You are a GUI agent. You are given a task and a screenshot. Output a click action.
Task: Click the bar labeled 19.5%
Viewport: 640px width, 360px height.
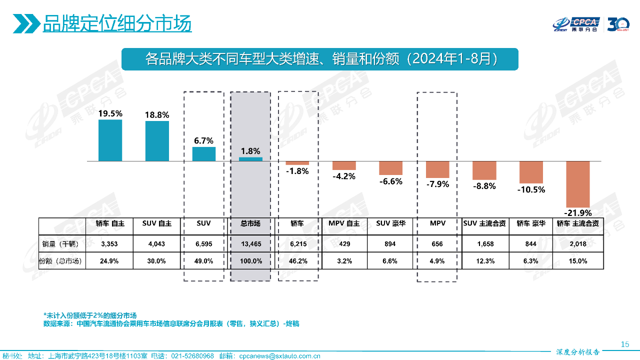[x=110, y=140]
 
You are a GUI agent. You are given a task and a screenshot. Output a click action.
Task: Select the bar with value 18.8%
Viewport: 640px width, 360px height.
[x=157, y=141]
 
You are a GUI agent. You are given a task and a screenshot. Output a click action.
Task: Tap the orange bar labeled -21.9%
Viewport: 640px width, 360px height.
[x=578, y=184]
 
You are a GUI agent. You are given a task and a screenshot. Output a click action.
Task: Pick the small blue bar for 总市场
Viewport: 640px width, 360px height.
[x=250, y=159]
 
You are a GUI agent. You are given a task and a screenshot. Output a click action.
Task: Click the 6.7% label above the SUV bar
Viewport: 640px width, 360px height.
[x=203, y=140]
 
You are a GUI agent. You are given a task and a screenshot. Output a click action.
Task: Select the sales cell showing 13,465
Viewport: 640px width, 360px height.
[x=250, y=244]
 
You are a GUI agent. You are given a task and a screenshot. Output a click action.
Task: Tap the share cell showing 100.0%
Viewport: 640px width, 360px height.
[x=250, y=261]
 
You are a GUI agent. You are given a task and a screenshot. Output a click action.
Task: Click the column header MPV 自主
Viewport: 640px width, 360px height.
[x=344, y=223]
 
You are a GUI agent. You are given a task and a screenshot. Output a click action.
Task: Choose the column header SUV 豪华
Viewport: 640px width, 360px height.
[x=391, y=223]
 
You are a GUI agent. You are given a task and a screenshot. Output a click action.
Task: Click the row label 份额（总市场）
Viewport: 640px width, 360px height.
[x=61, y=261]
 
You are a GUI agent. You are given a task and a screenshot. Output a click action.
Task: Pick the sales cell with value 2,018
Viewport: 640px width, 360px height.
[x=578, y=244]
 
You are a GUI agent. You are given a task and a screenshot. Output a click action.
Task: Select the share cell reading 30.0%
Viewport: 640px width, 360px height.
[x=157, y=261]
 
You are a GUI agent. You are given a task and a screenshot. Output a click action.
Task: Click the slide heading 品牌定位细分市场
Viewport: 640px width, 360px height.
[x=117, y=23]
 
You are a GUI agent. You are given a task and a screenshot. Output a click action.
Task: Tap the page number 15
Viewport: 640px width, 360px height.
[x=624, y=344]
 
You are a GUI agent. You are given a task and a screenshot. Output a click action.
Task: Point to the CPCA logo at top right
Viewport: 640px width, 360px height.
[x=576, y=24]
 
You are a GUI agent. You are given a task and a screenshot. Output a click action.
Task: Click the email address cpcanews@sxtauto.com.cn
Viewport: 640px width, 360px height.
[x=279, y=356]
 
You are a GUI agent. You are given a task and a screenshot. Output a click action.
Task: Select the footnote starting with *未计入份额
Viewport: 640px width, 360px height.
[x=90, y=315]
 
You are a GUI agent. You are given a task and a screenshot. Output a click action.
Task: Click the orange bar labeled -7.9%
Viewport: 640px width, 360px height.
[x=437, y=169]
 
